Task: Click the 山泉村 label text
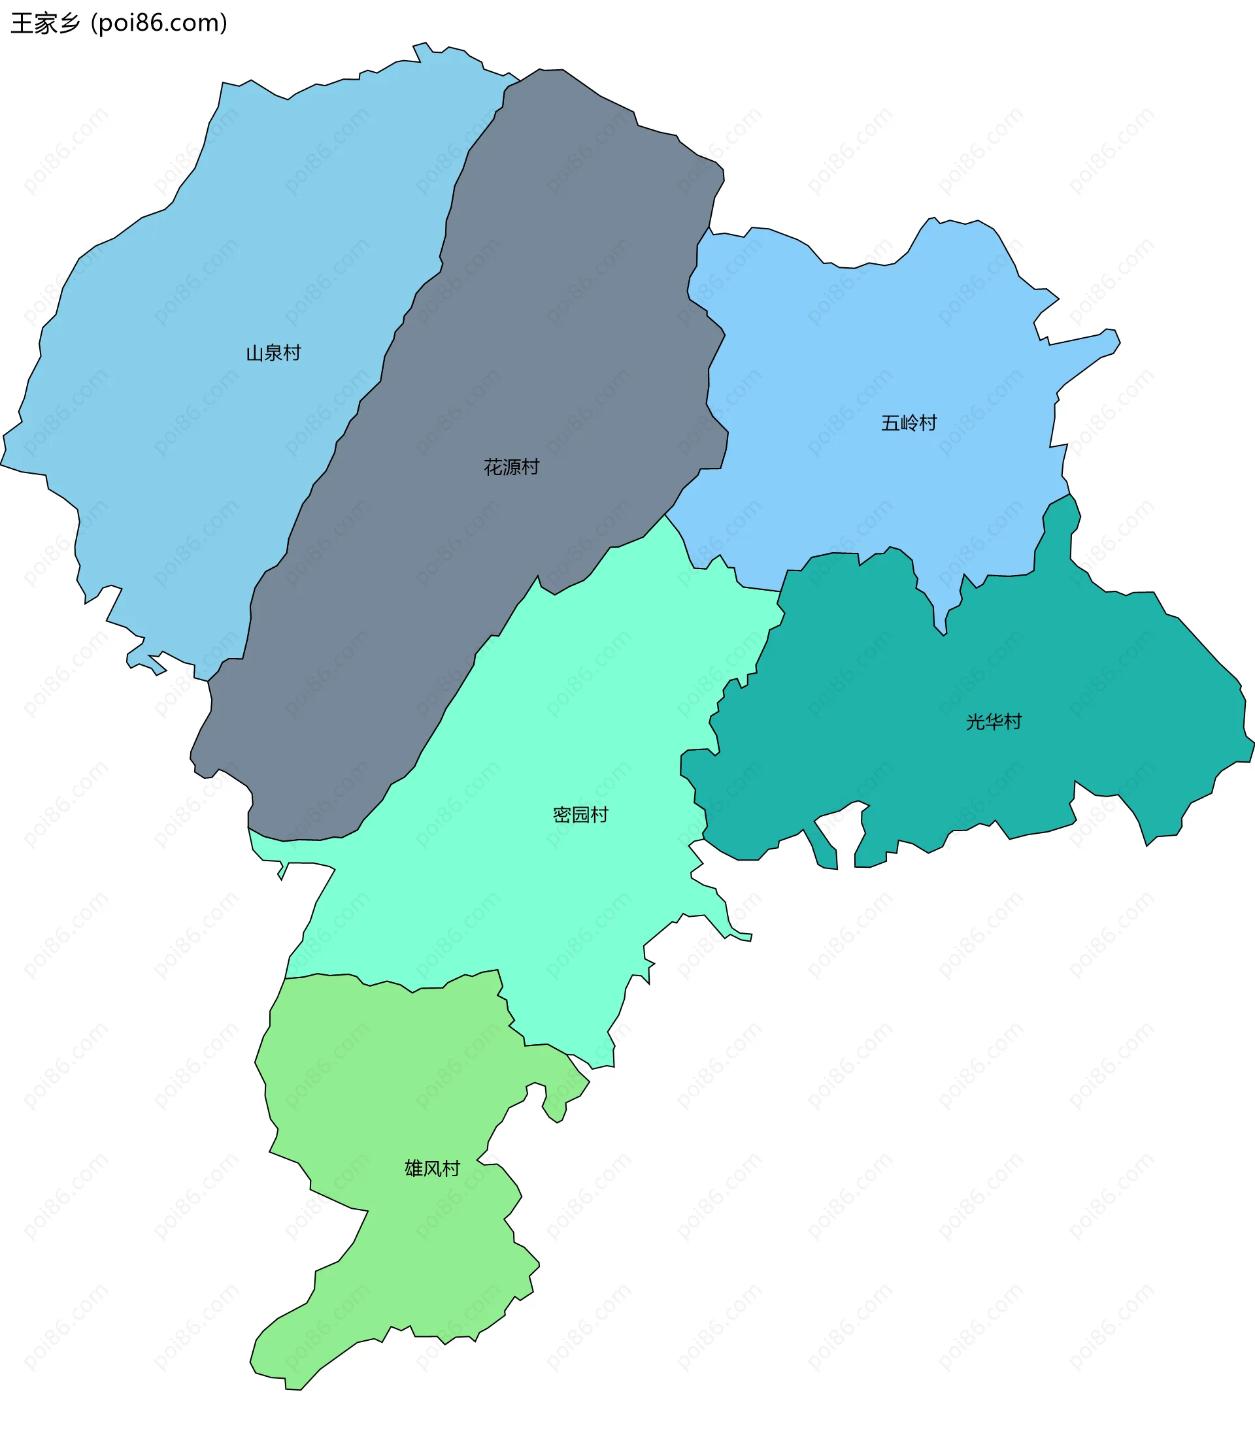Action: [x=273, y=353]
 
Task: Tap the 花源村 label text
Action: [x=511, y=467]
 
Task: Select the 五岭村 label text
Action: [x=909, y=423]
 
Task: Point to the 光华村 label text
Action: [x=993, y=722]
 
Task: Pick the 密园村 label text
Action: [x=580, y=815]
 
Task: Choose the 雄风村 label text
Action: [x=432, y=1168]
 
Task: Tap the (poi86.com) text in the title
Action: [x=159, y=23]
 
